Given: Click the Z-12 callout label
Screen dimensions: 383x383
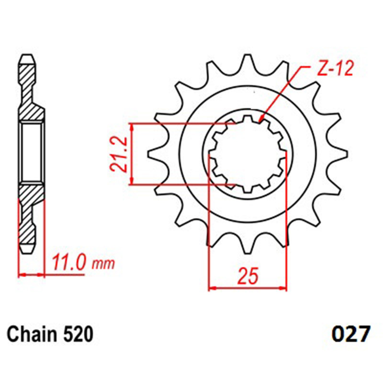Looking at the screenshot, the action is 335,68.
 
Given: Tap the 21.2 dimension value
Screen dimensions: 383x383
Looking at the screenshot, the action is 119,154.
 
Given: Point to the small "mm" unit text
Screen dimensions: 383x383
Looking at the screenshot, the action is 103,264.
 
